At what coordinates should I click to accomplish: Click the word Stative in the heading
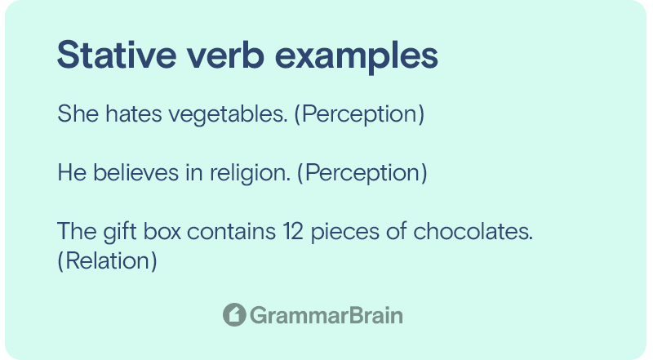[117, 55]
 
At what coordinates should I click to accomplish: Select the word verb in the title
[225, 55]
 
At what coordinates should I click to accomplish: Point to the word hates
[134, 113]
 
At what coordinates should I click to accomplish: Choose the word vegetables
[228, 115]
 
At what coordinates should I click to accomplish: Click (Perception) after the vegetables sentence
[359, 114]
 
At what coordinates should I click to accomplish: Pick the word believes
[135, 172]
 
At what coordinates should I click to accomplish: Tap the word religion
[250, 174]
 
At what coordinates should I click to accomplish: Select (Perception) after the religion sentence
[362, 173]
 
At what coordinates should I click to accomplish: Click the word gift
[120, 233]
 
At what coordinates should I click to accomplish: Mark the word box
[162, 231]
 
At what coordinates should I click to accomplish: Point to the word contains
[232, 231]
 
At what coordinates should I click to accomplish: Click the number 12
[293, 231]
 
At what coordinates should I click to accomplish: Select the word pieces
[345, 233]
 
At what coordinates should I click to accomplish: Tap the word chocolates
[473, 231]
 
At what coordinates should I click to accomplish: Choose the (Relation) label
[108, 261]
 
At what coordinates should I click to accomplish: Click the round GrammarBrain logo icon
[234, 314]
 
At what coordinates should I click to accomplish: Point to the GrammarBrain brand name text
[326, 315]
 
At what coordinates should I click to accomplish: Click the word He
[72, 172]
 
